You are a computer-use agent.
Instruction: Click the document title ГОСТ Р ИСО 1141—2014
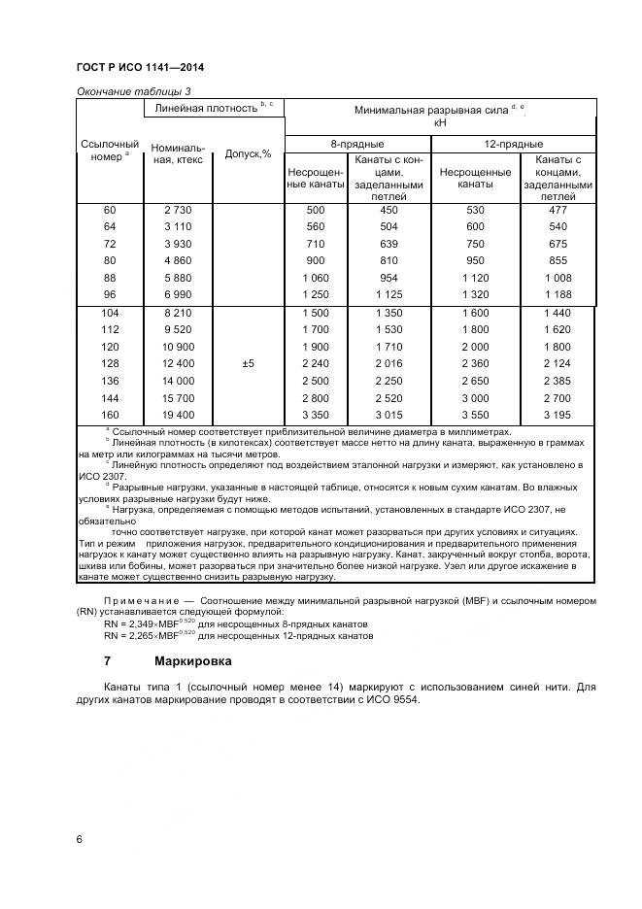tap(140, 68)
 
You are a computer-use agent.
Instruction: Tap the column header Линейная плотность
tap(208, 108)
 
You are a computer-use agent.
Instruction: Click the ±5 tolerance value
tap(248, 364)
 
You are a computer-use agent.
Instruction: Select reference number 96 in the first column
tap(109, 294)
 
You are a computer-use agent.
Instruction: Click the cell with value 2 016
tap(389, 364)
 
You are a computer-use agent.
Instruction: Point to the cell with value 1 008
tap(558, 277)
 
